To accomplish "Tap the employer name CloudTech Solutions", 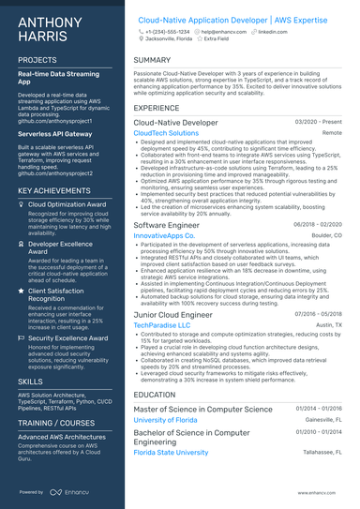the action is point(166,133).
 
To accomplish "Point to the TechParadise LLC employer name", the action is point(162,323).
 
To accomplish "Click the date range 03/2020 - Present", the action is point(319,122).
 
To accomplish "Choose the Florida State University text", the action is point(171,452).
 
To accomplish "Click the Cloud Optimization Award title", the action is point(67,203).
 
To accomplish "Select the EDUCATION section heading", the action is point(155,395).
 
